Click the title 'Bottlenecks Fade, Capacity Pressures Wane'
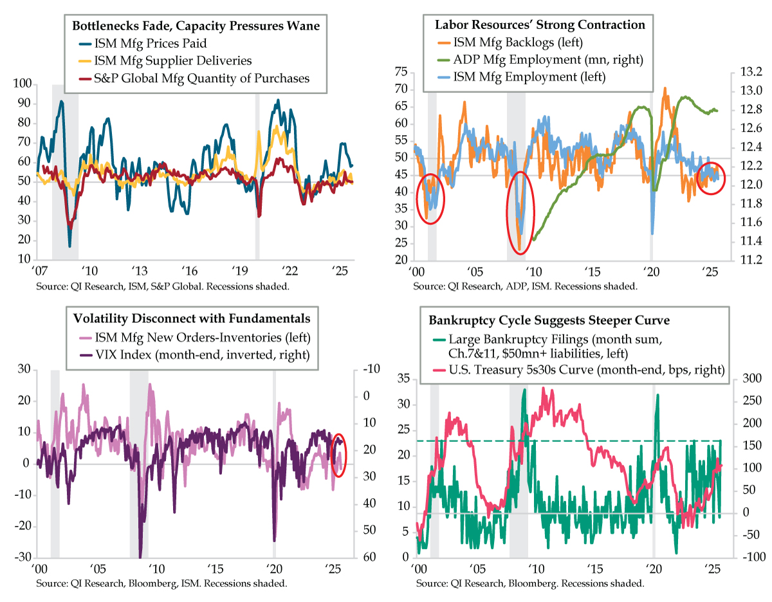click(196, 26)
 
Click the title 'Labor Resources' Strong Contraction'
click(540, 25)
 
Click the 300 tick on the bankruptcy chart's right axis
click(749, 379)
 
